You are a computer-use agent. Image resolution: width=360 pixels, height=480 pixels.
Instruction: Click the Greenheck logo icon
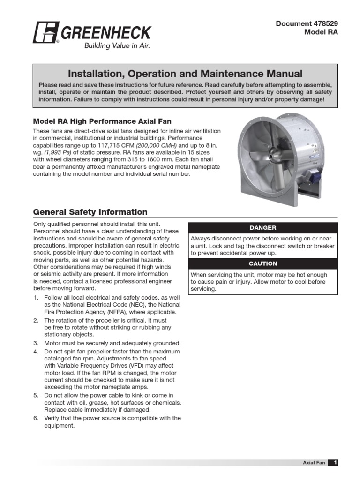45,33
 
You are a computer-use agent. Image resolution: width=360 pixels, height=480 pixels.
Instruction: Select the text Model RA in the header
321,32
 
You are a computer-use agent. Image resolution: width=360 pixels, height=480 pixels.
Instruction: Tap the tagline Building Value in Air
117,46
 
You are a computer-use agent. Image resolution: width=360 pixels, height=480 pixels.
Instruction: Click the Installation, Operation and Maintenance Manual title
185,74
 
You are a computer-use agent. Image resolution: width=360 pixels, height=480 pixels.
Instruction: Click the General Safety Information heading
90,212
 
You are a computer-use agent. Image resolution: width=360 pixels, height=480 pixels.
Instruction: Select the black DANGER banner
262,228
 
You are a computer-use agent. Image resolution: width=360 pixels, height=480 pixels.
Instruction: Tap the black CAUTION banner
262,264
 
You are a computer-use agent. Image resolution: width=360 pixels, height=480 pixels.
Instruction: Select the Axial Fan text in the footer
314,463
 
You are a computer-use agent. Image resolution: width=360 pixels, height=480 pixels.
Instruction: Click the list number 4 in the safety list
36,351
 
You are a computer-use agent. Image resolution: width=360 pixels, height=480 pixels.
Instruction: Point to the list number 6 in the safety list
36,418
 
